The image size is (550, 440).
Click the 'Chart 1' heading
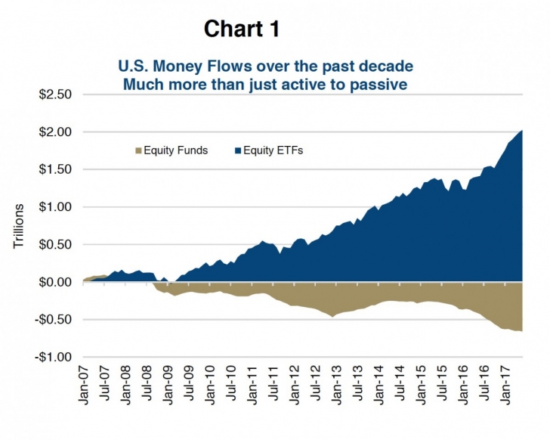pos(242,29)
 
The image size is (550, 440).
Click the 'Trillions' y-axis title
pos(20,226)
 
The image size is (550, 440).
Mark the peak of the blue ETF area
pos(521,132)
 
